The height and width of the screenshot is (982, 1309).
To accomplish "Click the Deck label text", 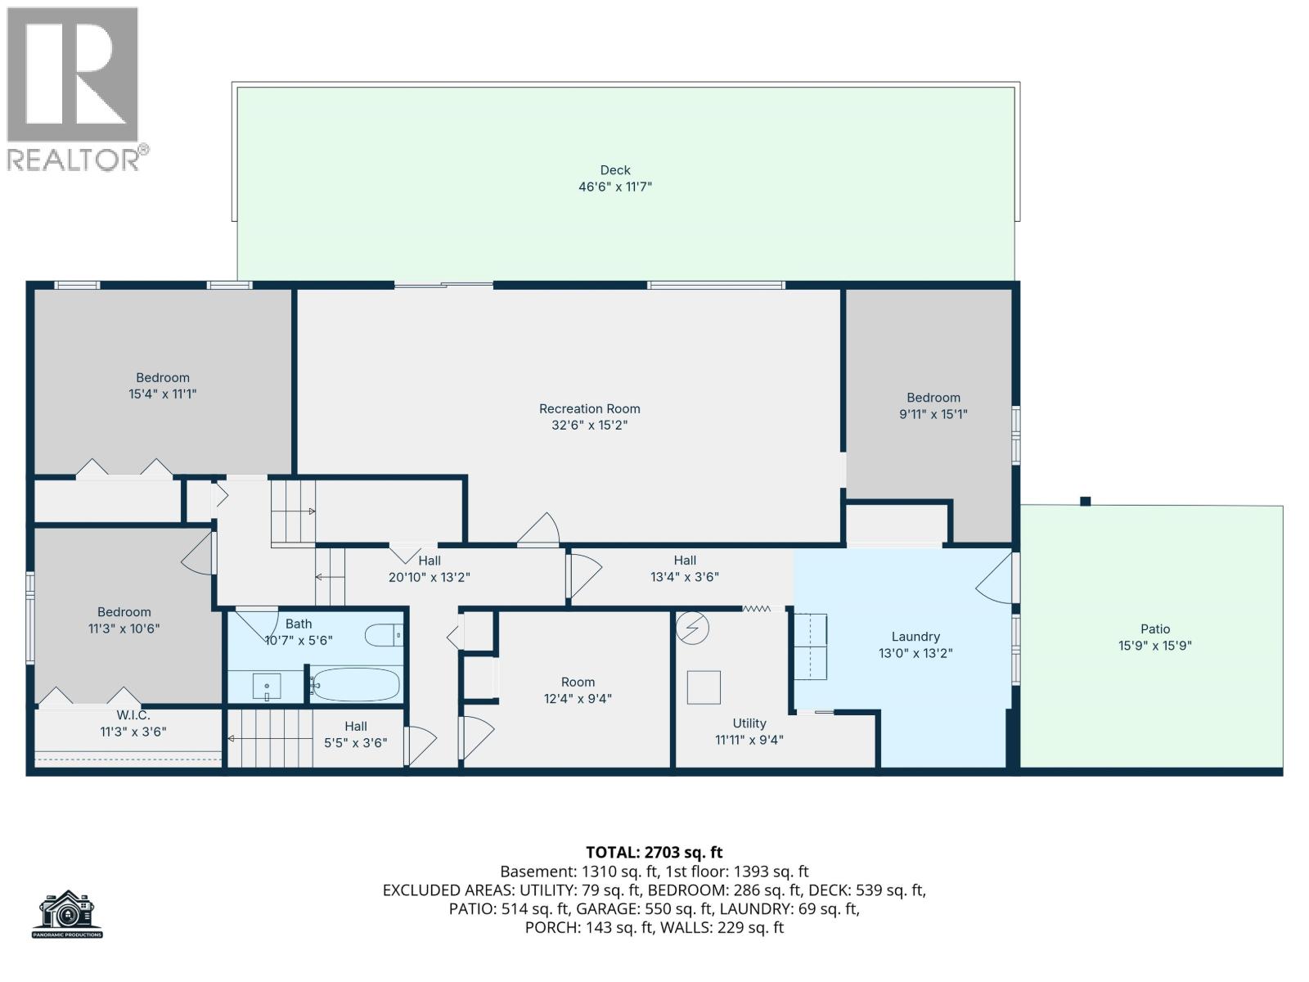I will tap(615, 170).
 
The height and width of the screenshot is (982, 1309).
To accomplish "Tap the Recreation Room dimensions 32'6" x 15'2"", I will tap(589, 426).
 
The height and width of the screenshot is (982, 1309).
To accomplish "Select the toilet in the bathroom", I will tap(385, 635).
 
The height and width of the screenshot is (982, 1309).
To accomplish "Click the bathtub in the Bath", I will tap(355, 684).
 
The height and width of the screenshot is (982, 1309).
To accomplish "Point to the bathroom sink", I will tap(266, 686).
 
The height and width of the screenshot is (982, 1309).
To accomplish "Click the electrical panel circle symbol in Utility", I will tap(693, 628).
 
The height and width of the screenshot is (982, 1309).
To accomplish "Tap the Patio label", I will tap(1154, 629).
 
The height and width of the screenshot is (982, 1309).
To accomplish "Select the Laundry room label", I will tap(915, 637).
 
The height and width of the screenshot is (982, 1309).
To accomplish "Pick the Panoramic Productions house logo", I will tap(68, 913).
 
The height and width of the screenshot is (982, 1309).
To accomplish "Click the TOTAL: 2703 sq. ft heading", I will tap(654, 853).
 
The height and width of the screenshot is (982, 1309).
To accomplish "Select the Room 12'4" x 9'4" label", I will tap(578, 690).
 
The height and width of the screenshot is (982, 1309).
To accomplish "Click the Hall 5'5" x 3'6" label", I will tap(355, 734).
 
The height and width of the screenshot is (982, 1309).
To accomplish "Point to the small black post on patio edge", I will tap(1085, 502).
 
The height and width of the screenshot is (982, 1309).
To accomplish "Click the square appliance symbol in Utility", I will tap(704, 687).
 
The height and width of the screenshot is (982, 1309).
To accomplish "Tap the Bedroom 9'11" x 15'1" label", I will tap(933, 406).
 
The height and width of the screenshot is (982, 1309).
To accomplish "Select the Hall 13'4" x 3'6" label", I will tap(685, 568).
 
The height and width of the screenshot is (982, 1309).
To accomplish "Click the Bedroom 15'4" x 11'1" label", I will tap(162, 385).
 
